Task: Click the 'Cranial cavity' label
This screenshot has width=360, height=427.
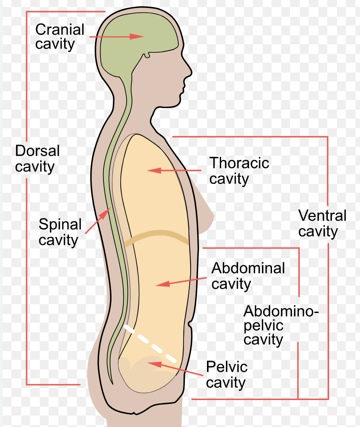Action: tap(60, 37)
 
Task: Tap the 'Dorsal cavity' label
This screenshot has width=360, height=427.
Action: tap(37, 159)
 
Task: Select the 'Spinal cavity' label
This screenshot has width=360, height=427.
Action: tap(60, 232)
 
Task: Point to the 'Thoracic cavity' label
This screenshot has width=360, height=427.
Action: tap(239, 171)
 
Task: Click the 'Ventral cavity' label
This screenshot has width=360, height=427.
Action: tap(322, 224)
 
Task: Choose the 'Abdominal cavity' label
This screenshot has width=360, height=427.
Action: tap(248, 275)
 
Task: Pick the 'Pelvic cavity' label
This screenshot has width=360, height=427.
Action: tap(226, 374)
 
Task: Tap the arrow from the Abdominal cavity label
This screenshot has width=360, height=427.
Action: tap(182, 282)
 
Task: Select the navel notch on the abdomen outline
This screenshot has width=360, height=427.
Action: tap(191, 325)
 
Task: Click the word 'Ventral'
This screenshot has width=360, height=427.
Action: tap(322, 216)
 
